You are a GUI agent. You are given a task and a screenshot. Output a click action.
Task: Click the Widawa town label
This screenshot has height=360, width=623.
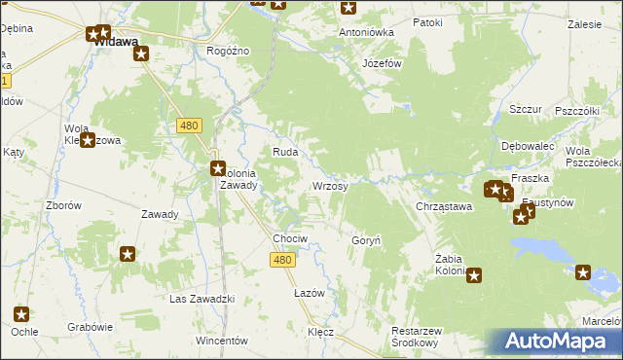tap(116, 42)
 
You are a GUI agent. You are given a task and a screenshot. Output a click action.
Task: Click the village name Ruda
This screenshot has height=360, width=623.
tap(284, 152)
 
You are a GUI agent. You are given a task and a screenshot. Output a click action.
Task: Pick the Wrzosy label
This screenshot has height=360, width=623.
tap(329, 185)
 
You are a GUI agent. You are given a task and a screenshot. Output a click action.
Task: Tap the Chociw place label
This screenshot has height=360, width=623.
tap(290, 238)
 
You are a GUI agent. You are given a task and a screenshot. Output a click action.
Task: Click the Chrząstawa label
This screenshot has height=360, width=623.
tap(444, 206)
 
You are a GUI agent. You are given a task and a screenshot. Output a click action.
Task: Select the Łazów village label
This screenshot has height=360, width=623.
tap(309, 292)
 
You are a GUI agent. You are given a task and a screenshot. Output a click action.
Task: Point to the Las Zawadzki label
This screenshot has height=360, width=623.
tap(202, 298)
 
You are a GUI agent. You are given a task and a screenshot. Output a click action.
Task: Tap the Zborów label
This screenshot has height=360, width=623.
tap(63, 205)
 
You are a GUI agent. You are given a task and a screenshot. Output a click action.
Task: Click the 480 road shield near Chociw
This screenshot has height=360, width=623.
tap(282, 258)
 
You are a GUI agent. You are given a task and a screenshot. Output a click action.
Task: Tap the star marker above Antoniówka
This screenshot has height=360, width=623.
tap(348, 9)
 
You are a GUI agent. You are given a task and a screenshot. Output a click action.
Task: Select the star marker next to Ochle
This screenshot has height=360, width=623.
tap(21, 314)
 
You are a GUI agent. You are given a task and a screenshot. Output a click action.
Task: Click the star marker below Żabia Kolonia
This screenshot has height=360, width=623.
tap(474, 276)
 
